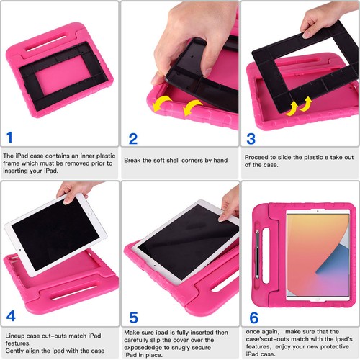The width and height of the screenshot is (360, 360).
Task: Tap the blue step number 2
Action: pyautogui.click(x=132, y=139)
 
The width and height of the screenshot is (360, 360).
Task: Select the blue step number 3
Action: pyautogui.click(x=251, y=138)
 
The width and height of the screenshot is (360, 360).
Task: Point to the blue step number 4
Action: pyautogui.click(x=10, y=315)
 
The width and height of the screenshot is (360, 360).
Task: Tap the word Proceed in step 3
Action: pyautogui.click(x=257, y=156)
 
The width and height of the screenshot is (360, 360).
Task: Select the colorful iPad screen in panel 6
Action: pyautogui.click(x=318, y=256)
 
